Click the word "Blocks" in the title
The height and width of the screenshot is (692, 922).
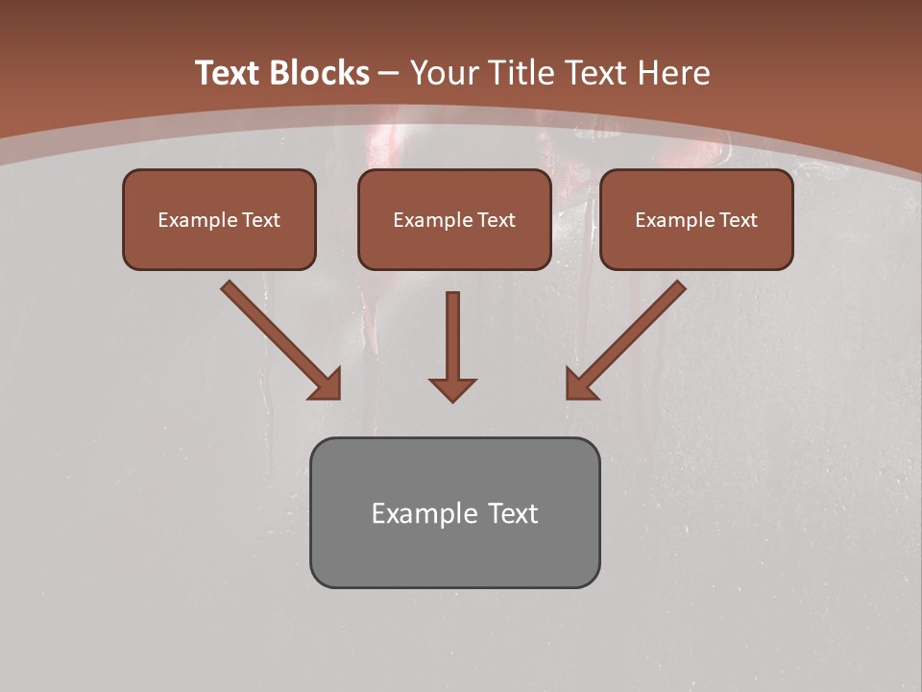[x=319, y=73]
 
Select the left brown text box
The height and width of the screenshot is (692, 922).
[x=219, y=219]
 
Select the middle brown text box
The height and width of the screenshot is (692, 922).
[x=454, y=219]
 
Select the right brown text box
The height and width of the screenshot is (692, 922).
[x=696, y=219]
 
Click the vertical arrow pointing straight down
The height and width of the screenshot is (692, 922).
[x=452, y=336]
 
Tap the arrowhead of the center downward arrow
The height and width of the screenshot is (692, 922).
[x=452, y=389]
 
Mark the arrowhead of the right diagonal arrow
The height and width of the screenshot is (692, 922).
[x=580, y=384]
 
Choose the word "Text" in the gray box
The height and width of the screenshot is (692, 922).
[x=512, y=513]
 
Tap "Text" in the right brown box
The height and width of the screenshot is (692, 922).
[x=738, y=220]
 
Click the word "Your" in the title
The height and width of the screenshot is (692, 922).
[x=445, y=73]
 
